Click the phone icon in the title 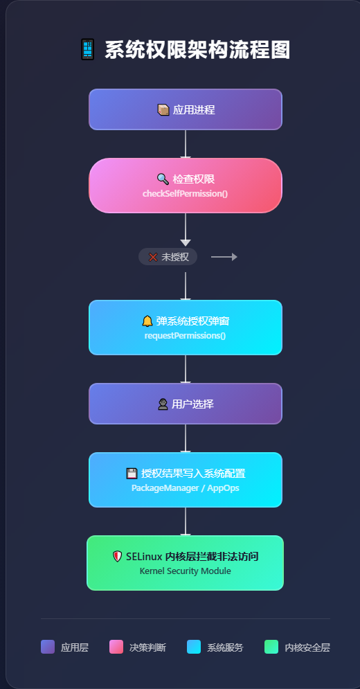pos(87,51)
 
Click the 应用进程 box pos(186,109)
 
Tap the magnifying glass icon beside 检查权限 pos(163,179)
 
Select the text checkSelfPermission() pos(186,193)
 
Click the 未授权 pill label pos(168,257)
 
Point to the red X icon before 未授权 pos(153,257)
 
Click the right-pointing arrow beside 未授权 pos(224,257)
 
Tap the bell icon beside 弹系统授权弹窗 pos(147,321)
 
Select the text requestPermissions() pos(186,336)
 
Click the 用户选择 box pos(186,404)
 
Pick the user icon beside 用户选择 pos(163,404)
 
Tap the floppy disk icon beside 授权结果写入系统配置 pos(132,474)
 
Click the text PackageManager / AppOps pos(186,488)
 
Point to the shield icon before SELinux pos(118,556)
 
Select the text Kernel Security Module pos(186,571)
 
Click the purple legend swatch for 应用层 pos(48,647)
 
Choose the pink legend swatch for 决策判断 pos(116,647)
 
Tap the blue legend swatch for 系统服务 pos(194,647)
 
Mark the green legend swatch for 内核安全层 pos(271,647)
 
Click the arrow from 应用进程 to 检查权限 pos(186,144)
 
